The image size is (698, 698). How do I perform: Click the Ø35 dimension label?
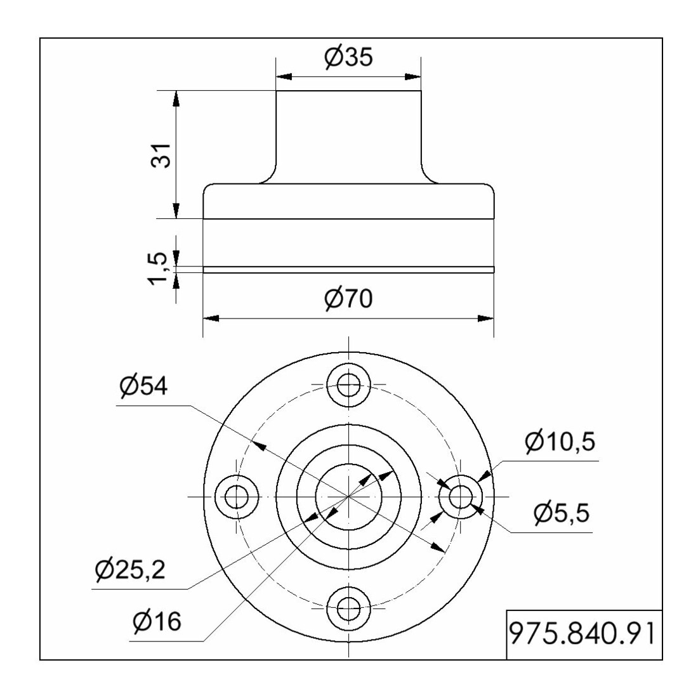pos(348,57)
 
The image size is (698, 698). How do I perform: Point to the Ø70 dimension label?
pos(348,299)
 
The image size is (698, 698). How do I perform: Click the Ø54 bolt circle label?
pos(144,386)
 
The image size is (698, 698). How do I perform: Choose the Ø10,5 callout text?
pos(560,442)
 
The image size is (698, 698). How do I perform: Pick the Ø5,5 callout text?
pos(562,513)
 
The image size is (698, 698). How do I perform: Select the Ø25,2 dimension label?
pos(131,569)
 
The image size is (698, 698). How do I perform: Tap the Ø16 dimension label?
pos(157,621)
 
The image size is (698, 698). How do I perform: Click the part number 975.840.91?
pos(583,634)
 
